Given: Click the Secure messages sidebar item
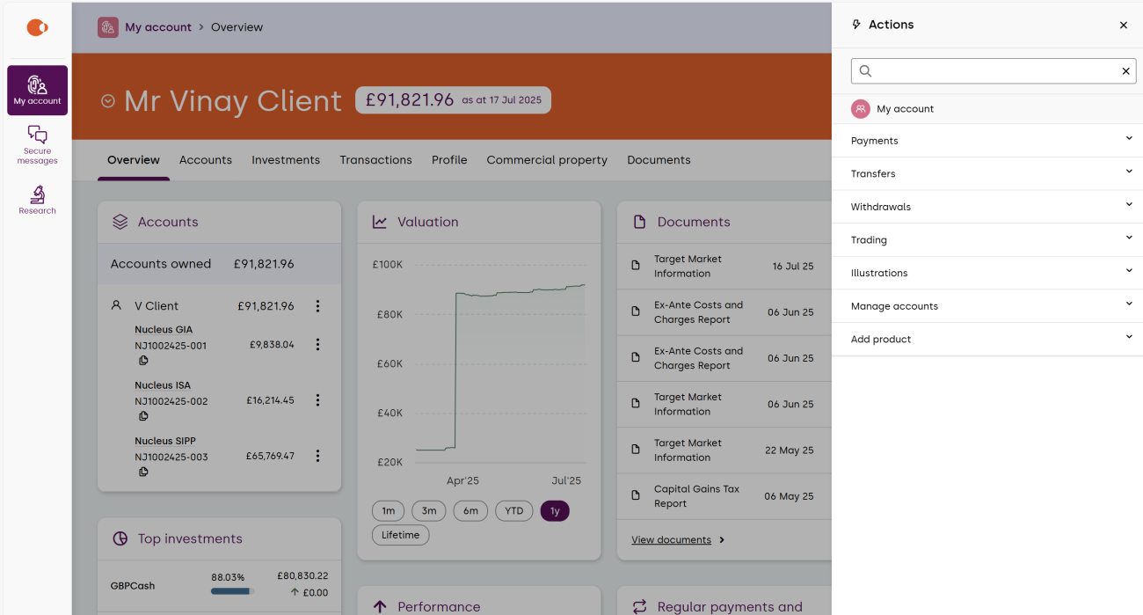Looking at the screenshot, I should pos(37,143).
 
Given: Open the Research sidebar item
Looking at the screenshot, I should pos(37,200).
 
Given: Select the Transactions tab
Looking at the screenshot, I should pos(375,160).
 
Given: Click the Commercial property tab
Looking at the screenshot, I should pos(547,160).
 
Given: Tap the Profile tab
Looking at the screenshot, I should pos(449,160).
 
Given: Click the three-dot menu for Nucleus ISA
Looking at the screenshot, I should pos(317,400).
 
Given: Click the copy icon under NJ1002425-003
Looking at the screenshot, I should pos(143,472).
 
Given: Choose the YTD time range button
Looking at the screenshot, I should pos(514,511).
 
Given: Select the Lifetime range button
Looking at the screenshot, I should pos(400,535).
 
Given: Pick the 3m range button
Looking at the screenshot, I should pos(429,511).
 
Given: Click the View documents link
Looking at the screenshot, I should pos(671,540).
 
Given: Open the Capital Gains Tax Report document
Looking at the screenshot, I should pos(696,496).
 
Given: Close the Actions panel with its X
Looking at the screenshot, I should pos(1124,26).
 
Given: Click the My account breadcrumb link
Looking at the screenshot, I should pos(158,27).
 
